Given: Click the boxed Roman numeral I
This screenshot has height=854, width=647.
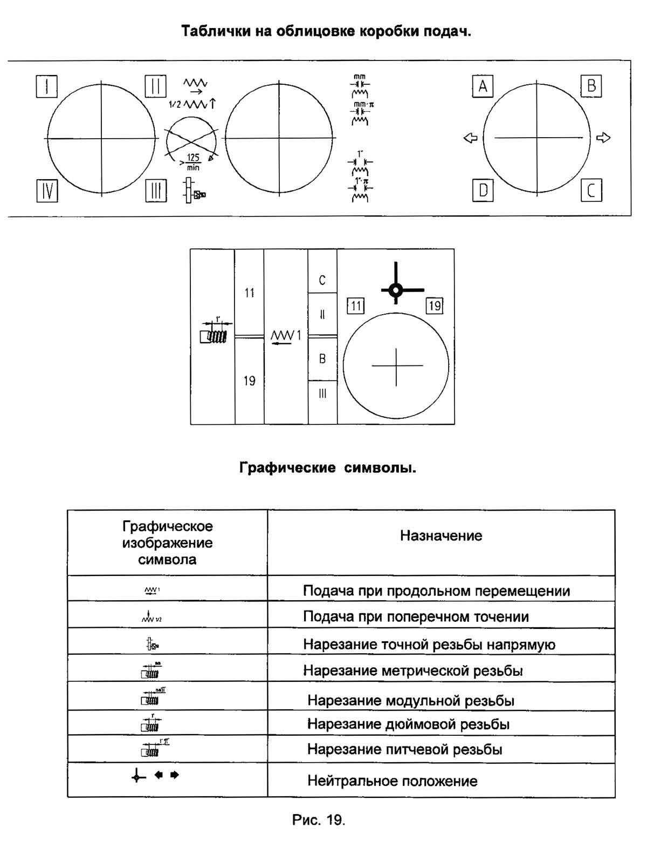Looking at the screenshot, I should [47, 86].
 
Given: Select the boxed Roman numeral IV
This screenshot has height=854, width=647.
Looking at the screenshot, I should [47, 191].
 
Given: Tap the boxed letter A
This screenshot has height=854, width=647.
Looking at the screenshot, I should [483, 86].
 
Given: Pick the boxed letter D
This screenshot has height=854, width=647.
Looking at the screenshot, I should [483, 191].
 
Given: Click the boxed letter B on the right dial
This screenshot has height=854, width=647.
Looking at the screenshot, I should [591, 86].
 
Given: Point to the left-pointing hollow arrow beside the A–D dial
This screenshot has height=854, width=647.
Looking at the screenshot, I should [470, 138].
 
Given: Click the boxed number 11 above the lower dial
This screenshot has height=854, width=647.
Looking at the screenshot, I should [355, 307].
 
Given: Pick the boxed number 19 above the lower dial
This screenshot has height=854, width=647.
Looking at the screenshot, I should [434, 307].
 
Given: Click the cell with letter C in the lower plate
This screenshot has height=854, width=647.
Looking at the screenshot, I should [322, 280].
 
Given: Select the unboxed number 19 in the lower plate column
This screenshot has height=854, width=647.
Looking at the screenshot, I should [249, 381].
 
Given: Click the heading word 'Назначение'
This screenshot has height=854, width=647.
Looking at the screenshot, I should [440, 536].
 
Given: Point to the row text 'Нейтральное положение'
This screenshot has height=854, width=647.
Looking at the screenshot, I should [392, 781].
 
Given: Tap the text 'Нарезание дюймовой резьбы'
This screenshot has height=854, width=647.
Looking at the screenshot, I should [408, 724].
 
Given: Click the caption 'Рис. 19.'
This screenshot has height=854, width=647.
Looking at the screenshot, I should [318, 821].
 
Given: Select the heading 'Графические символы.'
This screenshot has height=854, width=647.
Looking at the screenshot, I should [327, 468].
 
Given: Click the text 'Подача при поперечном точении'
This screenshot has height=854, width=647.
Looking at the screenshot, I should [416, 617].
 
